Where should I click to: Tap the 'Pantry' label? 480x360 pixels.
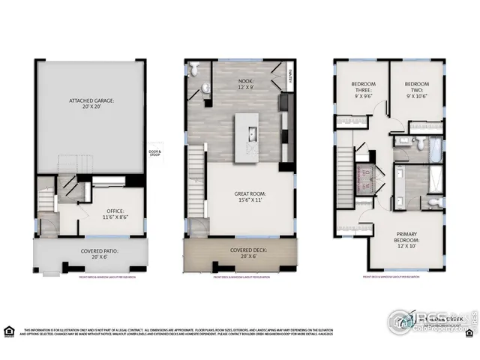click(x=292, y=73)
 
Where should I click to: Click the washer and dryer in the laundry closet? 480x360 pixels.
click(x=365, y=180)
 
